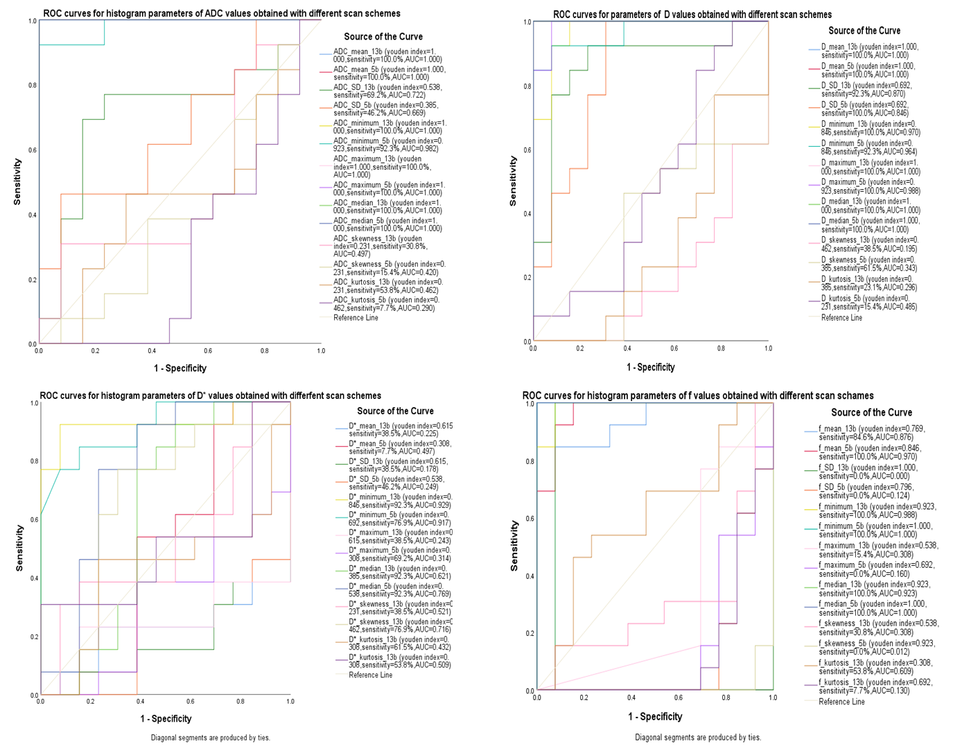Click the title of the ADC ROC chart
(221, 13)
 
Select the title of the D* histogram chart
(210, 395)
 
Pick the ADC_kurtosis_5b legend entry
(385, 304)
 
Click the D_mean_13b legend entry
(869, 51)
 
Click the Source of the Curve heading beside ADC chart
(383, 36)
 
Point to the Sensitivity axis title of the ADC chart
(17, 181)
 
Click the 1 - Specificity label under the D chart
(650, 367)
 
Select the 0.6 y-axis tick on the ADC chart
(32, 150)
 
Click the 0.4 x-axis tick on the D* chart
(140, 702)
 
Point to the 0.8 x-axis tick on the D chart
(721, 348)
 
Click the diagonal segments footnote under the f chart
(697, 738)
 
